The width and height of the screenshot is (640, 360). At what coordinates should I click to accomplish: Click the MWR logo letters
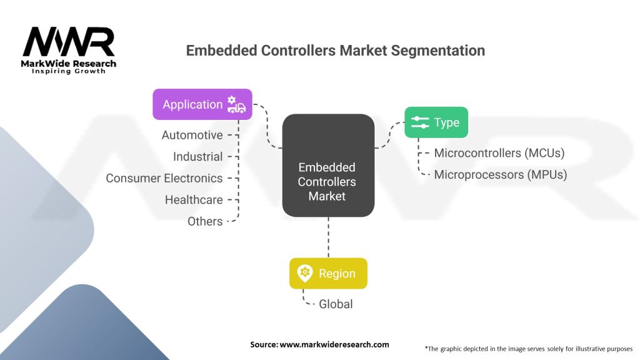tap(69, 42)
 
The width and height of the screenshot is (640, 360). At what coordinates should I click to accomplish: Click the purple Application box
tap(202, 104)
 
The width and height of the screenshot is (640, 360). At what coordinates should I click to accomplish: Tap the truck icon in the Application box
tap(236, 104)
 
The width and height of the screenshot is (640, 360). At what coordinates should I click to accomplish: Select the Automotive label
tap(192, 135)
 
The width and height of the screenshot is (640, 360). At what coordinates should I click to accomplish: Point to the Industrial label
tap(198, 157)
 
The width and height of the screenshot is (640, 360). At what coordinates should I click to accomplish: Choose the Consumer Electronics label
tap(164, 178)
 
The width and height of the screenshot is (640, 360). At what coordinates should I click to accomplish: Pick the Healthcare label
tap(194, 200)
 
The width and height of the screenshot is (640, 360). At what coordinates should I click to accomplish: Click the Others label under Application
tap(205, 222)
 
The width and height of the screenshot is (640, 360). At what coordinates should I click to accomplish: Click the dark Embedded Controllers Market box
tap(328, 165)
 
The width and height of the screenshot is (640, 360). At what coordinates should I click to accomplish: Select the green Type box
tap(436, 122)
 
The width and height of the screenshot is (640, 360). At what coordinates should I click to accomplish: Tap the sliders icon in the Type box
tap(420, 122)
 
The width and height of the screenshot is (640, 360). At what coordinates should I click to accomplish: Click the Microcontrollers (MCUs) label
tap(499, 153)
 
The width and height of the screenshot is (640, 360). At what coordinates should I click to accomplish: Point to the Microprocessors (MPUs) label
tap(501, 175)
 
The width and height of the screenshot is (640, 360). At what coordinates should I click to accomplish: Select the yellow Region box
tap(328, 274)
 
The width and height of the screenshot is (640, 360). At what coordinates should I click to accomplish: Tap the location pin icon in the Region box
tap(305, 273)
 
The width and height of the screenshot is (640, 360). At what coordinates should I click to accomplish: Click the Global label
tap(336, 304)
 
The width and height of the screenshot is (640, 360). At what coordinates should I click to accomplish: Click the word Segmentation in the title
tap(438, 51)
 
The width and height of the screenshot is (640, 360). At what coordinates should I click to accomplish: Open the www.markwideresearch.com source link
tap(334, 344)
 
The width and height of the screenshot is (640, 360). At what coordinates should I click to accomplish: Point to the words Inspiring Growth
tap(69, 71)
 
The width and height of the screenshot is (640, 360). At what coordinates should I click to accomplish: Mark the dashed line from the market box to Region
tap(328, 237)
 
